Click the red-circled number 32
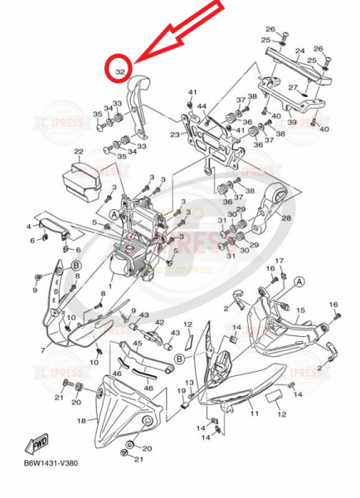click(x=120, y=73)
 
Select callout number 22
click(x=79, y=152)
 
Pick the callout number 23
click(x=175, y=134)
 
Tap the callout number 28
click(x=286, y=218)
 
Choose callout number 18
click(x=81, y=421)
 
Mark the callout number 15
click(x=301, y=310)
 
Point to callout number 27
click(x=293, y=87)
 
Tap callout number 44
click(x=202, y=106)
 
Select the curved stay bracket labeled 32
click(x=141, y=100)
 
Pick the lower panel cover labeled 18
click(x=124, y=411)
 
